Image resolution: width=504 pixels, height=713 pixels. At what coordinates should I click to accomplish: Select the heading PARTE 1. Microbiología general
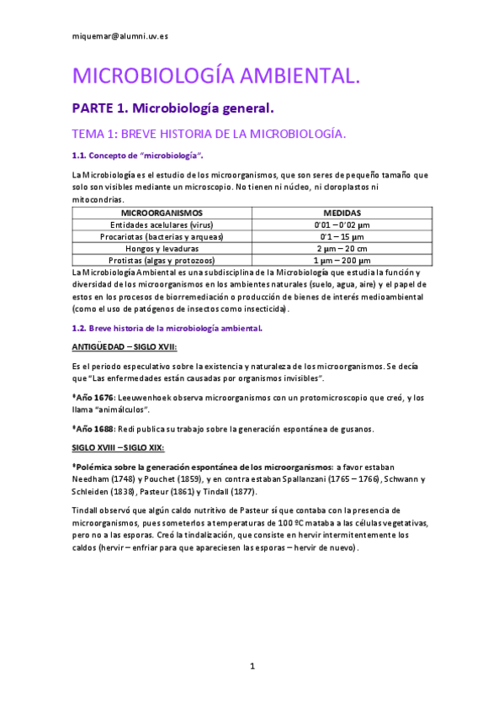[172, 108]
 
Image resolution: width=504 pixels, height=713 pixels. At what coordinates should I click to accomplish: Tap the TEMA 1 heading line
[210, 134]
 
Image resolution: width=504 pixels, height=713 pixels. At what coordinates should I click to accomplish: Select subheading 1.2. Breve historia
[167, 328]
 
